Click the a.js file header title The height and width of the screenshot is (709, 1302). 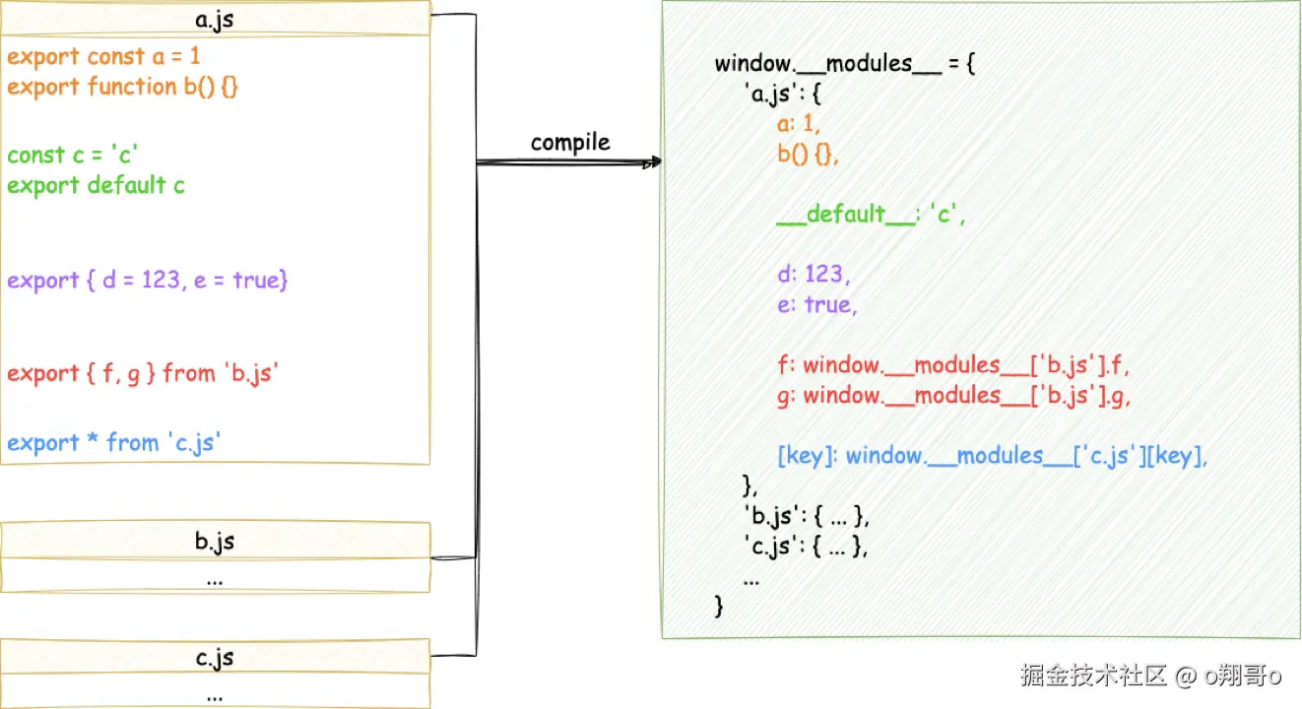tap(215, 19)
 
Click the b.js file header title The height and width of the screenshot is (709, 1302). tap(215, 541)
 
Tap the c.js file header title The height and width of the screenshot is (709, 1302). tap(215, 657)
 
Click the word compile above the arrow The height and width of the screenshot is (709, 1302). tap(570, 143)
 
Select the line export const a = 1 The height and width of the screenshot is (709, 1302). tap(103, 56)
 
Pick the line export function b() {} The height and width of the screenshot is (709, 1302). tap(123, 87)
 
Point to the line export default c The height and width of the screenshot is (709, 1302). tap(96, 185)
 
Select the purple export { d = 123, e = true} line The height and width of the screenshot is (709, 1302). tap(148, 281)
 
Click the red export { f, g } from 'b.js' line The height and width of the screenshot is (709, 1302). tap(143, 373)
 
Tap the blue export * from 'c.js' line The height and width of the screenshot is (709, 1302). tap(114, 443)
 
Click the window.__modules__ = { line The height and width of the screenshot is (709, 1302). tap(845, 64)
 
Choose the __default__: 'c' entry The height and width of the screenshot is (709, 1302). tap(871, 215)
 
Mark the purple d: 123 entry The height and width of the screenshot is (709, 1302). tap(813, 274)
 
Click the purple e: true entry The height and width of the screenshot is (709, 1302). tap(816, 304)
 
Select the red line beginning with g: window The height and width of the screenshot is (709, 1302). tap(952, 395)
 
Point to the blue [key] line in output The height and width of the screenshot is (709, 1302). tap(992, 456)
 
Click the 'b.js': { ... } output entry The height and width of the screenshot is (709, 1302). tap(807, 516)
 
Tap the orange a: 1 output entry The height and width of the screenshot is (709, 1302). tap(798, 123)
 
